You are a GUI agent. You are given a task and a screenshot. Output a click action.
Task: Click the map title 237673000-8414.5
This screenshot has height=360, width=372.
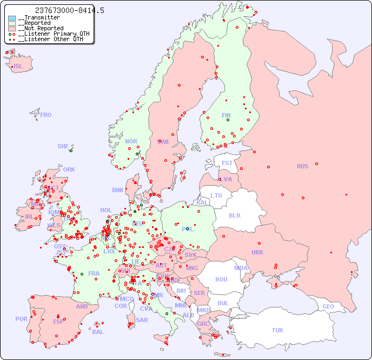pyautogui.click(x=69, y=10)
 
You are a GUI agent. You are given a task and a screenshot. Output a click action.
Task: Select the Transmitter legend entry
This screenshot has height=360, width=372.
pyautogui.click(x=41, y=18)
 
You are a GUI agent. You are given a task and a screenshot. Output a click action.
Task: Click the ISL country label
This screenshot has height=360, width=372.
pyautogui.click(x=18, y=67)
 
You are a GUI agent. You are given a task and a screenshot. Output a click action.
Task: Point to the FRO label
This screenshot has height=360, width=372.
pyautogui.click(x=46, y=115)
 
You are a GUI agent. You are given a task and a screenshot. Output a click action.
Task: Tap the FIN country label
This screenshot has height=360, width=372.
pyautogui.click(x=226, y=115)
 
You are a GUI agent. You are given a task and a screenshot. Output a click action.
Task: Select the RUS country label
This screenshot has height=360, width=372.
pyautogui.click(x=302, y=166)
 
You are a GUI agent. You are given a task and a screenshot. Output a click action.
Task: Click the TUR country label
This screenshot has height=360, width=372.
pyautogui.click(x=277, y=330)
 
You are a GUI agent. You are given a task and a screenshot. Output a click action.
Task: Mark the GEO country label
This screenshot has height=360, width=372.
pyautogui.click(x=328, y=306)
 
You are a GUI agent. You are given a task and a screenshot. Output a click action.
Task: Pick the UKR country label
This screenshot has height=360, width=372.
pyautogui.click(x=257, y=252)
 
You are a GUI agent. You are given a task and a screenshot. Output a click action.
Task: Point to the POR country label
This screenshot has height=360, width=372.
pyautogui.click(x=21, y=319)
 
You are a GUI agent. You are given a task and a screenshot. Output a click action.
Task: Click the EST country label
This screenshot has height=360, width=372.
pyautogui.click(x=227, y=163)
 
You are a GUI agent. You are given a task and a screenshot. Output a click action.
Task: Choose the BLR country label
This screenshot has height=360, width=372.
pyautogui.click(x=234, y=215)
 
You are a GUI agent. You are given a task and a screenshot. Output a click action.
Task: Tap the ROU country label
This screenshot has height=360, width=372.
pyautogui.click(x=221, y=279)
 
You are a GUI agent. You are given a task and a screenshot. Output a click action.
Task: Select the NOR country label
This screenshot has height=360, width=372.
pyautogui.click(x=131, y=141)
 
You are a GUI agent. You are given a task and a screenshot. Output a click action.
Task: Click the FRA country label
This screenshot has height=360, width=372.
pyautogui.click(x=94, y=273)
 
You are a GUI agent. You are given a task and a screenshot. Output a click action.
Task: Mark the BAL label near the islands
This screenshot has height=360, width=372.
pyautogui.click(x=97, y=332)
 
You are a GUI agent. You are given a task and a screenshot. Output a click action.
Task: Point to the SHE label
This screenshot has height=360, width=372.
pyautogui.click(x=63, y=146)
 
